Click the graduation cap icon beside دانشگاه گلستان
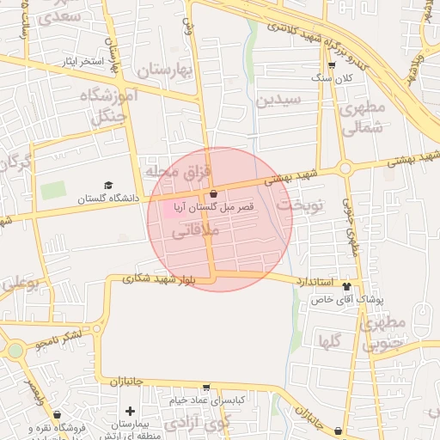click(x=108, y=185)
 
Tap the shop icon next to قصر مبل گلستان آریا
click(x=213, y=194)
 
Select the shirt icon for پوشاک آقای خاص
click(x=346, y=286)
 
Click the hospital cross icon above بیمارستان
click(x=130, y=412)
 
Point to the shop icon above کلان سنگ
click(x=332, y=65)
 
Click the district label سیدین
click(x=278, y=100)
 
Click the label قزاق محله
click(x=178, y=173)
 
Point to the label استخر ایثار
click(x=80, y=62)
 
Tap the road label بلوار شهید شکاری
click(x=159, y=278)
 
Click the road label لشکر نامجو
click(x=59, y=339)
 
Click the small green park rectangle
click(x=53, y=190)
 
